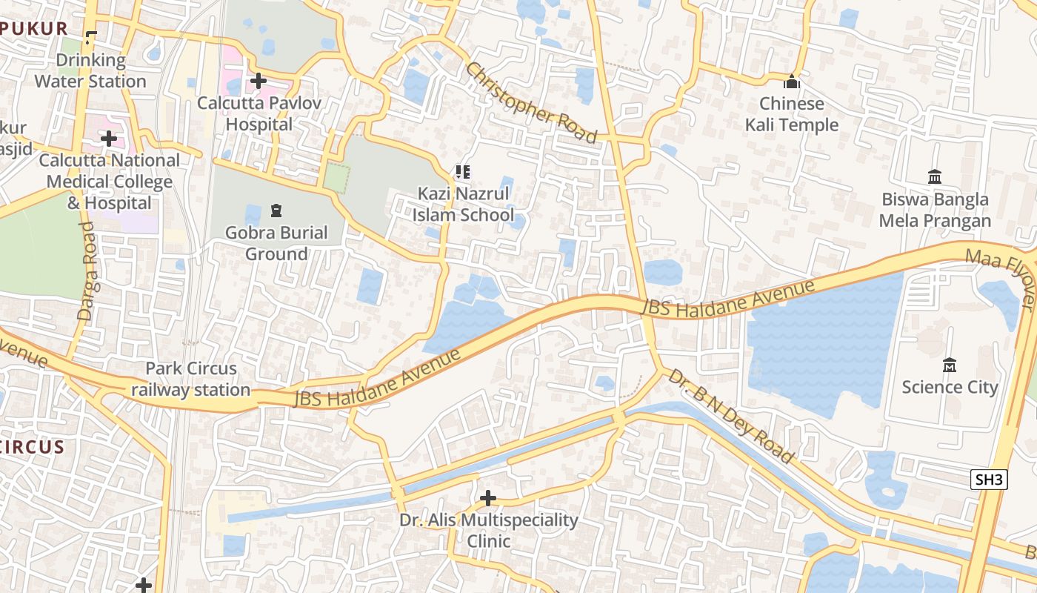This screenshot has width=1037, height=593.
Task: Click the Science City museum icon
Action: point(950,365)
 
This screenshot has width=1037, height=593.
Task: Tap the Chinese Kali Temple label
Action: point(792,114)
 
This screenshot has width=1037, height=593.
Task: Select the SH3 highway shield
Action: point(989,480)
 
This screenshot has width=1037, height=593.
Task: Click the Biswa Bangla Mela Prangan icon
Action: point(935,176)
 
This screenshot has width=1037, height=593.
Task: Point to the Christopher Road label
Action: point(530,102)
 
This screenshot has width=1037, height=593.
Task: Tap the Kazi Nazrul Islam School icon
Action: point(463,173)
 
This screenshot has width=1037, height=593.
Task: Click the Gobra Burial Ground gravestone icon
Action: point(276,211)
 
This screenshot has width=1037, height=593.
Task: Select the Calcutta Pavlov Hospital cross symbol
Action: point(259,80)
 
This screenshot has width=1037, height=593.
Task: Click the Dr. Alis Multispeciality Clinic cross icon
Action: point(488,497)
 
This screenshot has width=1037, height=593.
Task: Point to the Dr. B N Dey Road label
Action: point(730,415)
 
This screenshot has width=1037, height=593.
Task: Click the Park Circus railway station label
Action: point(191,379)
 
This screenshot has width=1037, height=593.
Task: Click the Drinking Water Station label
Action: point(90,70)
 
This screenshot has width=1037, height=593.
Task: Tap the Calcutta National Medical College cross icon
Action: point(109,139)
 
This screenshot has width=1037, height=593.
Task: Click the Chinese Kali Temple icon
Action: point(792,81)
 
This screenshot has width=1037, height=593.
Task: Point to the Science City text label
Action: point(950,387)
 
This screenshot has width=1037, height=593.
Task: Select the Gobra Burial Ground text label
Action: point(276,243)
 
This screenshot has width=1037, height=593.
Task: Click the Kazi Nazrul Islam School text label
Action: point(463,205)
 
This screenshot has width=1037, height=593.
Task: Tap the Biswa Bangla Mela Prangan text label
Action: point(935,210)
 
